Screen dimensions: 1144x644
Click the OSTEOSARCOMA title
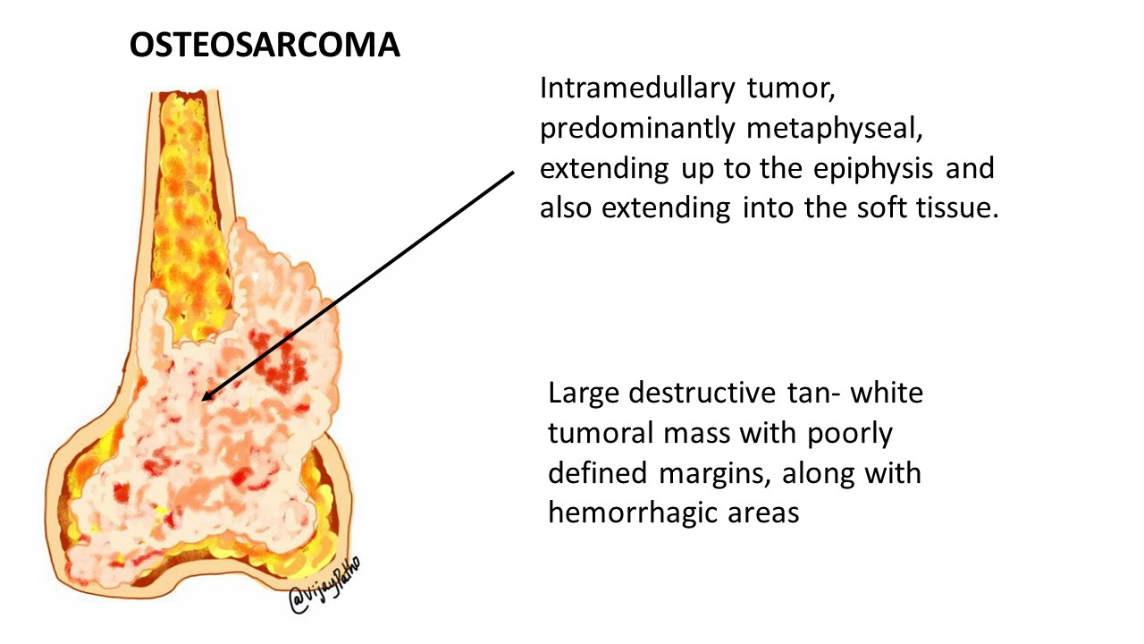pos(265,45)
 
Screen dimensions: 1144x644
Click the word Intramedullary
pos(637,89)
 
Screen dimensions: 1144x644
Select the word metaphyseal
pos(835,129)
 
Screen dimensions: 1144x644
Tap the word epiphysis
pos(873,169)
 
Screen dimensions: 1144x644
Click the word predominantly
pos(637,129)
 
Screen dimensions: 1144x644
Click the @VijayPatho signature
pos(324,585)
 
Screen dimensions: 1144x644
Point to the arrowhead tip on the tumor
pos(202,400)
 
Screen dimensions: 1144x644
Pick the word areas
pos(763,513)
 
